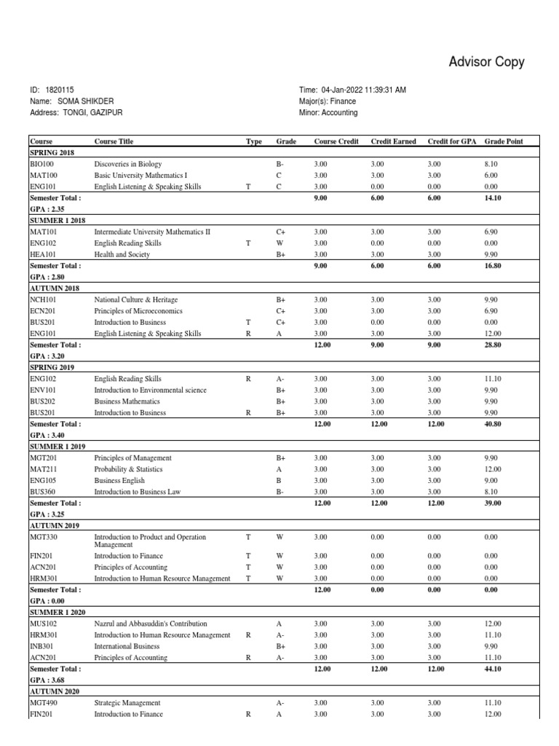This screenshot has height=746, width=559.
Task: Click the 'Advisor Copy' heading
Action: [486, 63]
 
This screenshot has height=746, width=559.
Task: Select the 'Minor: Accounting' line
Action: [328, 113]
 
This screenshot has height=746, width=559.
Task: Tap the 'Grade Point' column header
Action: [503, 141]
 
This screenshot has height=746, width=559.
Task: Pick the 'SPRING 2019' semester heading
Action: [54, 367]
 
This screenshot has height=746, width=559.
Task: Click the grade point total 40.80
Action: [492, 423]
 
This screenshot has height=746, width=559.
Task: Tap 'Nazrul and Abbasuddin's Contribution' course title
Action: [151, 624]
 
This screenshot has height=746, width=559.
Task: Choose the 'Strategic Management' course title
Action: [127, 703]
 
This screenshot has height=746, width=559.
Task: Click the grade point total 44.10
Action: [492, 668]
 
